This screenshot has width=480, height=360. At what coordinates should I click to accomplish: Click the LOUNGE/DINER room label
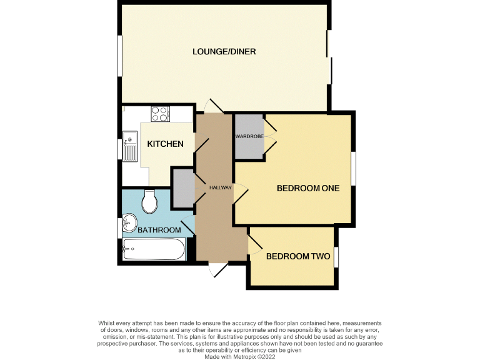click(224, 51)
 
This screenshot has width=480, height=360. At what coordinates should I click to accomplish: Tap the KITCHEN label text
click(165, 144)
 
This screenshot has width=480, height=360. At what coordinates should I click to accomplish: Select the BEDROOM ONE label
click(308, 188)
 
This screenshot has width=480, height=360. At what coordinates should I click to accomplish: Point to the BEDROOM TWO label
click(298, 256)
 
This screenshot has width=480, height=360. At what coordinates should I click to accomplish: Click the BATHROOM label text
click(159, 230)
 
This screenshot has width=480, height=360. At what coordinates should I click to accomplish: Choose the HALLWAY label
click(220, 187)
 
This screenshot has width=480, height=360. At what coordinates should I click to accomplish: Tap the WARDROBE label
click(247, 136)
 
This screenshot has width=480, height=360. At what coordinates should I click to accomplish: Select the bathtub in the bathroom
click(154, 251)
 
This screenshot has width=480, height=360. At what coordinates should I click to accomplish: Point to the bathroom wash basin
click(129, 222)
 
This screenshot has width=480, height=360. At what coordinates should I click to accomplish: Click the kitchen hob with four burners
click(159, 114)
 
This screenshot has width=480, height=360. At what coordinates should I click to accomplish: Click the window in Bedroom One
click(354, 168)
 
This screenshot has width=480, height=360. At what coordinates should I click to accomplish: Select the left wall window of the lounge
click(119, 56)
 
